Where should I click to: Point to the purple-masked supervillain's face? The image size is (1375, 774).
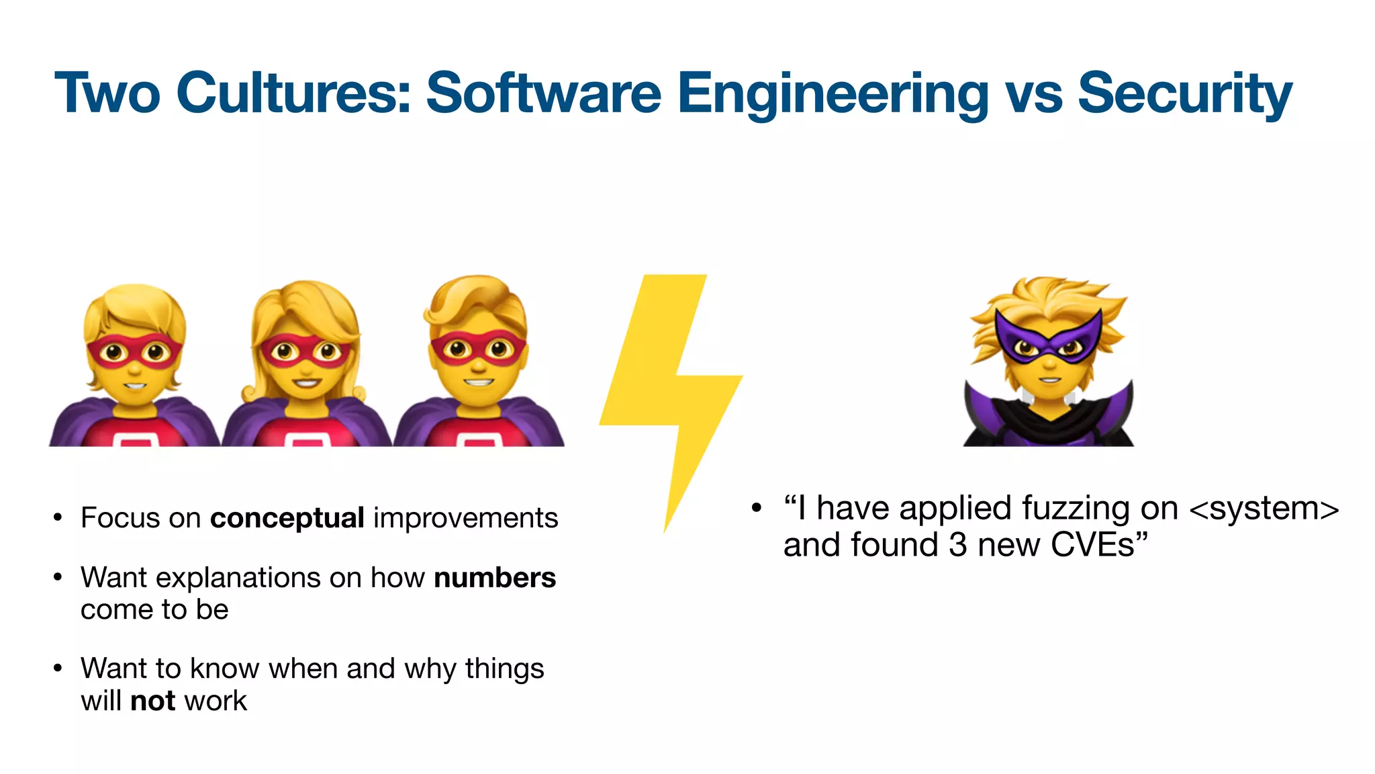[x=1049, y=356]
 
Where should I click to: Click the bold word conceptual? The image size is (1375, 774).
[x=287, y=518]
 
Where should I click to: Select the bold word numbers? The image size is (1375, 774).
[x=495, y=578]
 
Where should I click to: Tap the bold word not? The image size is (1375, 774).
[x=152, y=701]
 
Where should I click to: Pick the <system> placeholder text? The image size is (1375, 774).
[x=1264, y=508]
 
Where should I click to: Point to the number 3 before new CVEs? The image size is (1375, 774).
[x=957, y=544]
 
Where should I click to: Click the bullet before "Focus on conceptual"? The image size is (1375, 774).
[x=58, y=518]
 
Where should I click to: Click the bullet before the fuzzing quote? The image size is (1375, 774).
[x=757, y=508]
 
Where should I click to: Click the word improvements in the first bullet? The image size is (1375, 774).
[x=465, y=518]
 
